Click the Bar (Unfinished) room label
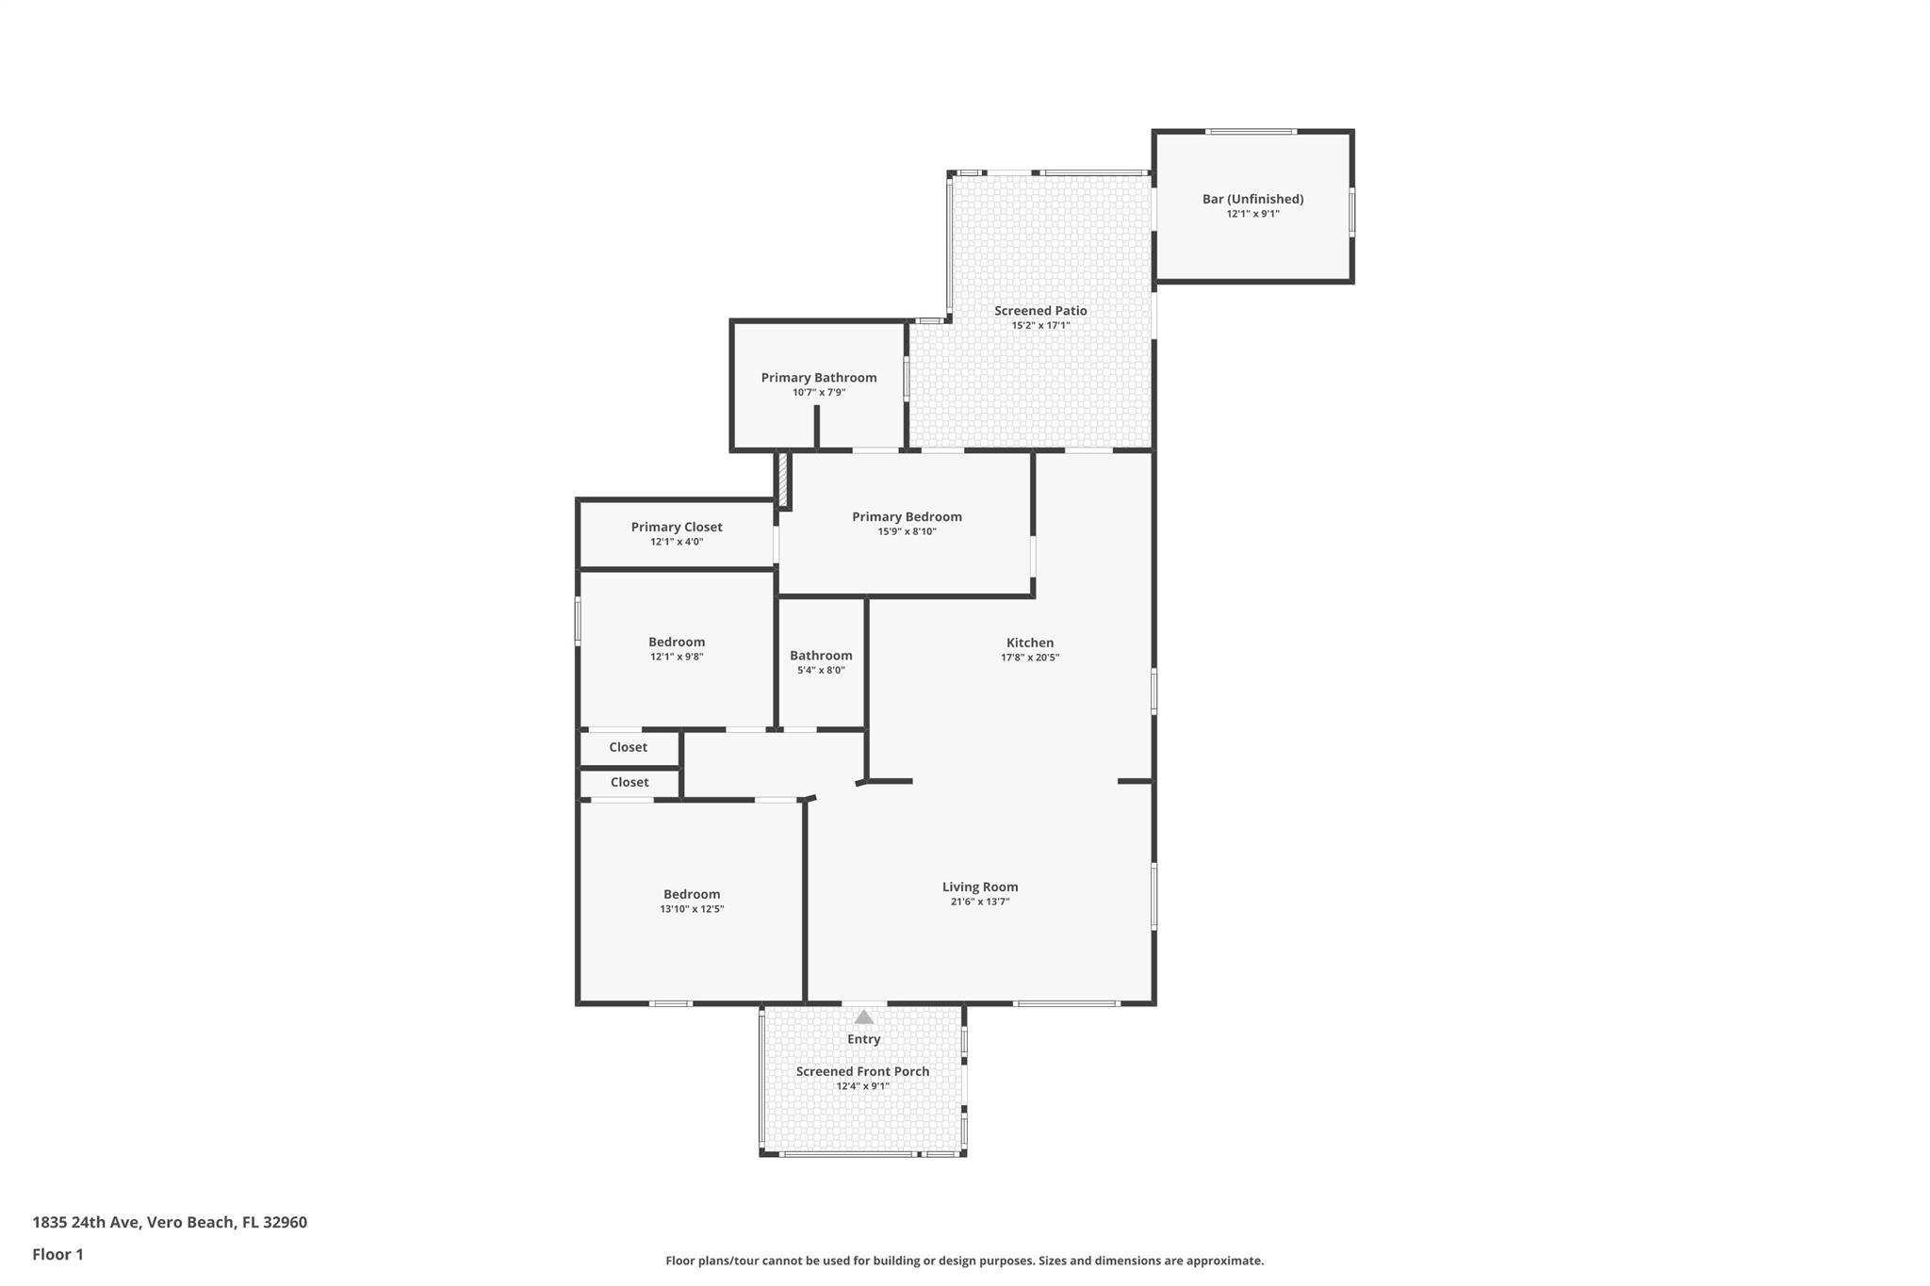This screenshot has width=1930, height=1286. pos(1252,199)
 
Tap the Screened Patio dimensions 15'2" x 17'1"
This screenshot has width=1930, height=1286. pos(1040,326)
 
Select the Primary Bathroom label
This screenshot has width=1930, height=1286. pos(819,378)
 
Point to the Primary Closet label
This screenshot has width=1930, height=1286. pos(677,527)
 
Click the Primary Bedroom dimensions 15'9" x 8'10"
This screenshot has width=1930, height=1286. pos(907,531)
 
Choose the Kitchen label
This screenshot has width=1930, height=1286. pos(1029,643)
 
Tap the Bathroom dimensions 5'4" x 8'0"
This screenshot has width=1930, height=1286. pos(821,671)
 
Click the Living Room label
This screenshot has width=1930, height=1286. pos(980,887)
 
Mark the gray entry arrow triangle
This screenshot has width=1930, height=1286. pos(863,1017)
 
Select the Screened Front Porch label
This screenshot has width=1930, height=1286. pos(862,1071)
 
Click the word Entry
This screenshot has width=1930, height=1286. pos(863,1039)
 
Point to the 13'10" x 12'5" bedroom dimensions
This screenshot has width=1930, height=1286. pos(692,909)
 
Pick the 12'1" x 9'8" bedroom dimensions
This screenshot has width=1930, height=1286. pos(677,657)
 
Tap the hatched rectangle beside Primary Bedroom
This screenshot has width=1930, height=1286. pos(782,480)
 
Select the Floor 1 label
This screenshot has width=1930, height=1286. pos(57,1254)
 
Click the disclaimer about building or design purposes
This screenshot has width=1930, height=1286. pos(964,1261)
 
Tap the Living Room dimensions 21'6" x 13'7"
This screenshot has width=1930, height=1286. pos(980,902)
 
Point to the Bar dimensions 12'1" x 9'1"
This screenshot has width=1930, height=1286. pos(1252,214)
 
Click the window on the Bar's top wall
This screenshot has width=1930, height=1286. pos(1251,132)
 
